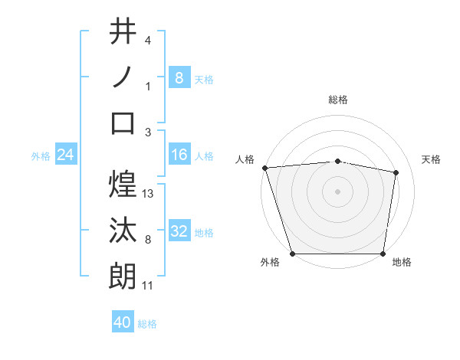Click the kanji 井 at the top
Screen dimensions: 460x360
pyautogui.click(x=123, y=33)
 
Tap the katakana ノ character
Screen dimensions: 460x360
pyautogui.click(x=123, y=77)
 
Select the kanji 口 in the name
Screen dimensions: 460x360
pyautogui.click(x=123, y=123)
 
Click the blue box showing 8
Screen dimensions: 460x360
pyautogui.click(x=179, y=77)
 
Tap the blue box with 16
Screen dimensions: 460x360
pyautogui.click(x=179, y=155)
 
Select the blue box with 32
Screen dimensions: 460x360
pyautogui.click(x=179, y=232)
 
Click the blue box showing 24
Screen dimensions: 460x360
pyautogui.click(x=65, y=155)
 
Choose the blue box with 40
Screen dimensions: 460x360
pyautogui.click(x=123, y=322)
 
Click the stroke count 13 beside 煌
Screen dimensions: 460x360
pyautogui.click(x=149, y=194)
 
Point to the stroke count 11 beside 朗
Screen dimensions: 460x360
pyautogui.click(x=149, y=286)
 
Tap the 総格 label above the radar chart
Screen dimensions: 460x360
pyautogui.click(x=337, y=100)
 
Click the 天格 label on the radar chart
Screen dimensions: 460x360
pyautogui.click(x=432, y=159)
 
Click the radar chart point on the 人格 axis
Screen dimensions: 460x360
pyautogui.click(x=264, y=167)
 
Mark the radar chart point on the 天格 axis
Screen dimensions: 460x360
pyautogui.click(x=396, y=172)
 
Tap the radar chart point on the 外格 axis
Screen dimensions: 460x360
pyautogui.click(x=292, y=254)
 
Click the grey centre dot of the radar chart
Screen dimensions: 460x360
pyautogui.click(x=337, y=191)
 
